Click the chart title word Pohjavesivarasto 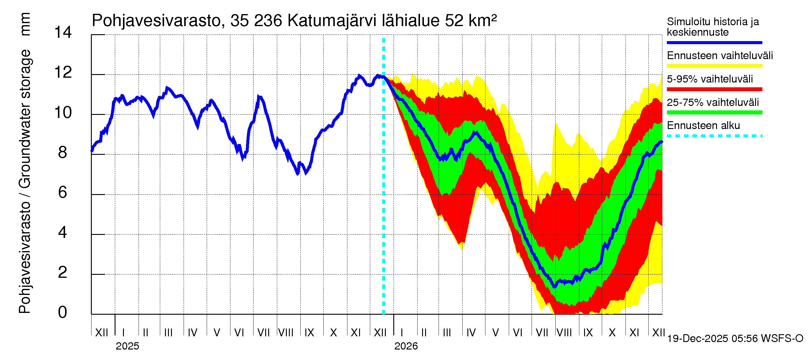[157, 21]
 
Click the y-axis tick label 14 [63, 32]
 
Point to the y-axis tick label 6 [63, 192]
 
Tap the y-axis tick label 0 [63, 313]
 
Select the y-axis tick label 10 [63, 112]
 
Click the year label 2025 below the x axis [127, 346]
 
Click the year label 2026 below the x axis [406, 346]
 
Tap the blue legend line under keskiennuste [714, 42]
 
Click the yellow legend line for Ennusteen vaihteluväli [714, 66]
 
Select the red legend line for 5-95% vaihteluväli [714, 89]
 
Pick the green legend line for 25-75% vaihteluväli [714, 112]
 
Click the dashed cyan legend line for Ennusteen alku [714, 136]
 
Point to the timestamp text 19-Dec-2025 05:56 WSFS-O [735, 339]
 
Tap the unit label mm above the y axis [25, 24]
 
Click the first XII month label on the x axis [102, 333]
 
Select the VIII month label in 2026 [564, 333]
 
